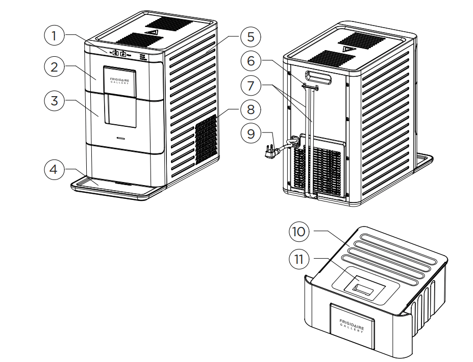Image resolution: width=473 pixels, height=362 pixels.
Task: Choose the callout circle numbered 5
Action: point(250,37)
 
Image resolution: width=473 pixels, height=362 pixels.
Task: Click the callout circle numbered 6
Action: point(250,61)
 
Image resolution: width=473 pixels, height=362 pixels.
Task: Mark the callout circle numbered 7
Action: point(250,85)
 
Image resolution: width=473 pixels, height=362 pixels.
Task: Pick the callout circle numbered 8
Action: point(250,109)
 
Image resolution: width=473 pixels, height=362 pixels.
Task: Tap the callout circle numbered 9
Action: point(250,134)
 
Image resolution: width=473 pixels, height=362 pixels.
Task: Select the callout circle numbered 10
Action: point(300,231)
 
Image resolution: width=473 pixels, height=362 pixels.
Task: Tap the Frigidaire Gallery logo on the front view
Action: point(120,81)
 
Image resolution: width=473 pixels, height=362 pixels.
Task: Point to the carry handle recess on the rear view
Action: point(317,78)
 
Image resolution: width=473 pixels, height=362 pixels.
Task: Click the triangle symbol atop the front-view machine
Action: point(152,31)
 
